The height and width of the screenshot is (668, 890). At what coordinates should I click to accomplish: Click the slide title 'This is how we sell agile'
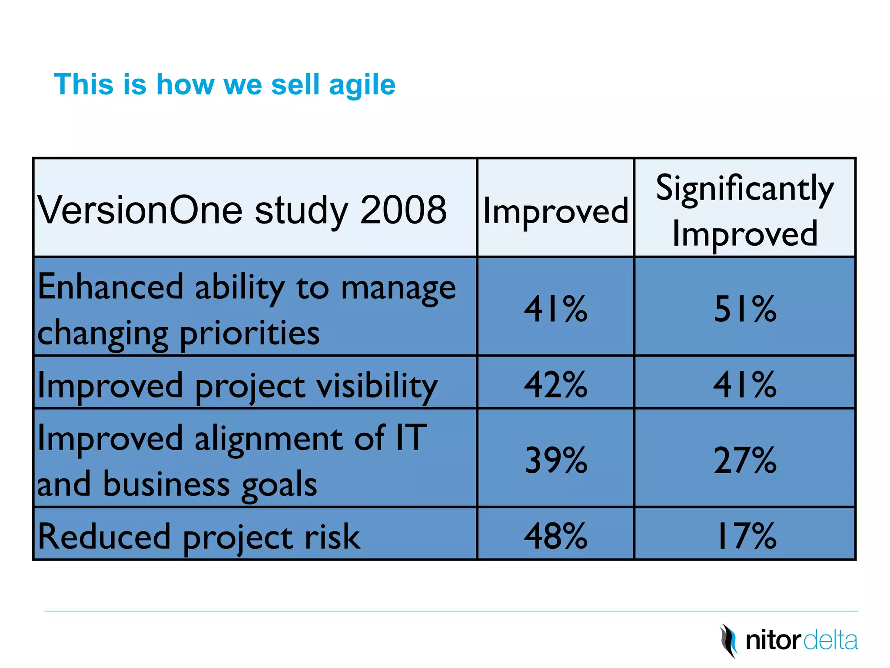tap(224, 84)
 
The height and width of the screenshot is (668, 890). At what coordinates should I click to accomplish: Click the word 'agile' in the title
tap(362, 85)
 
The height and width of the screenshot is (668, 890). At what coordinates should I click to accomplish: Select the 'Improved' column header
tap(555, 210)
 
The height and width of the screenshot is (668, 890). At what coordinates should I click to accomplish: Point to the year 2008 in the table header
tap(403, 210)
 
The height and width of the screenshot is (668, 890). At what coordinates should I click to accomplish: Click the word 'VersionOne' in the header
tap(140, 210)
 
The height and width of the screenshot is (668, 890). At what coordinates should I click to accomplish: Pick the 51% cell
tap(745, 309)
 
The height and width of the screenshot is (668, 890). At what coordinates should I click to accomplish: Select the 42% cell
tap(555, 385)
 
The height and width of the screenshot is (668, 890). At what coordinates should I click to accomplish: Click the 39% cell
tap(555, 460)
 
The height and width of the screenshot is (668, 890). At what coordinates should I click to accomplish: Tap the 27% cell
tap(745, 460)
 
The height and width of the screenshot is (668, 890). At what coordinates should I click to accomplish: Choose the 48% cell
tap(555, 536)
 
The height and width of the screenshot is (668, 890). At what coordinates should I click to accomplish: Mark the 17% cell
tap(745, 536)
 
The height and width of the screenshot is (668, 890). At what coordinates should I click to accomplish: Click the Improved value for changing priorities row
tap(555, 309)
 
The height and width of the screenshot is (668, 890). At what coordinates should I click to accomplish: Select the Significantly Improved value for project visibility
tap(745, 385)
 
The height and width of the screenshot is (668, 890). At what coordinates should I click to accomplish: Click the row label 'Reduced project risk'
tap(199, 537)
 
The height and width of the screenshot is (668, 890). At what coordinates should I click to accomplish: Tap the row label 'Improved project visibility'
tap(237, 386)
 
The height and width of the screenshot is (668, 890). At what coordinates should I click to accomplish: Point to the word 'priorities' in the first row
tap(249, 334)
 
